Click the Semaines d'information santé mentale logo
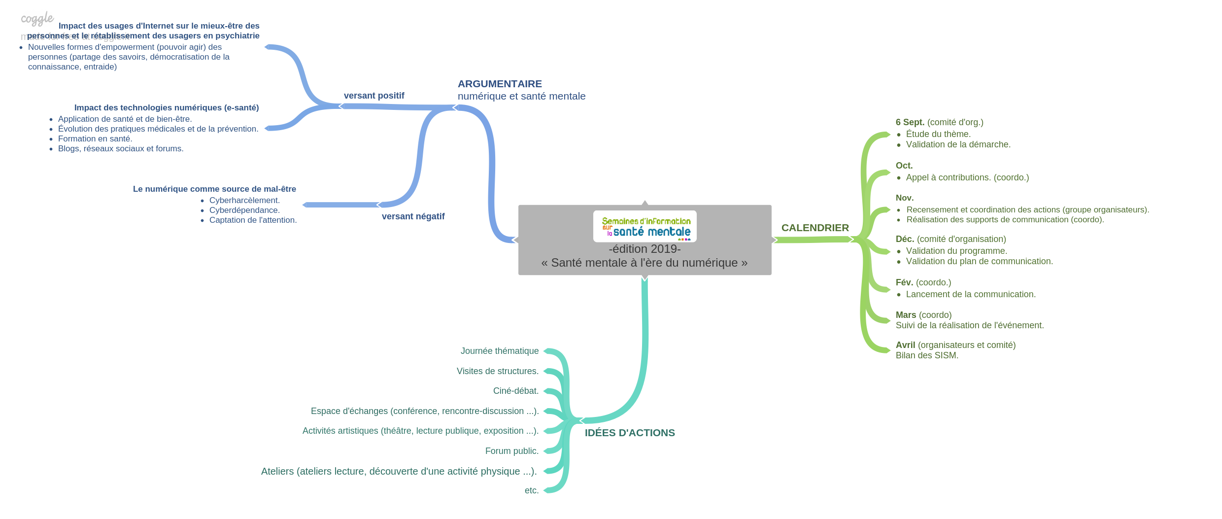coord(645,227)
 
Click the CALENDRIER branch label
coord(815,228)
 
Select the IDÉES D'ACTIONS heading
coord(630,433)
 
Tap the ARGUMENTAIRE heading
coord(500,84)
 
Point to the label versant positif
coord(374,96)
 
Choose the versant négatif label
coord(413,216)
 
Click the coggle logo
coord(37,19)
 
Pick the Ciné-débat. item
coord(516,391)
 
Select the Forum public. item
coord(512,451)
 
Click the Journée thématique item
coord(500,351)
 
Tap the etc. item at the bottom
coord(532,490)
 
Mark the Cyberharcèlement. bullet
coord(244,200)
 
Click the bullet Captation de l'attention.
coord(253,220)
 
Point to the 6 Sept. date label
coord(910,122)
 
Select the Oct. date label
coord(904,166)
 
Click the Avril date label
coord(905,345)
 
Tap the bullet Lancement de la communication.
coord(971,294)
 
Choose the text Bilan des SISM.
coord(927,355)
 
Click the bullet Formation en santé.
coord(95,138)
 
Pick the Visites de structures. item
coord(498,371)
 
